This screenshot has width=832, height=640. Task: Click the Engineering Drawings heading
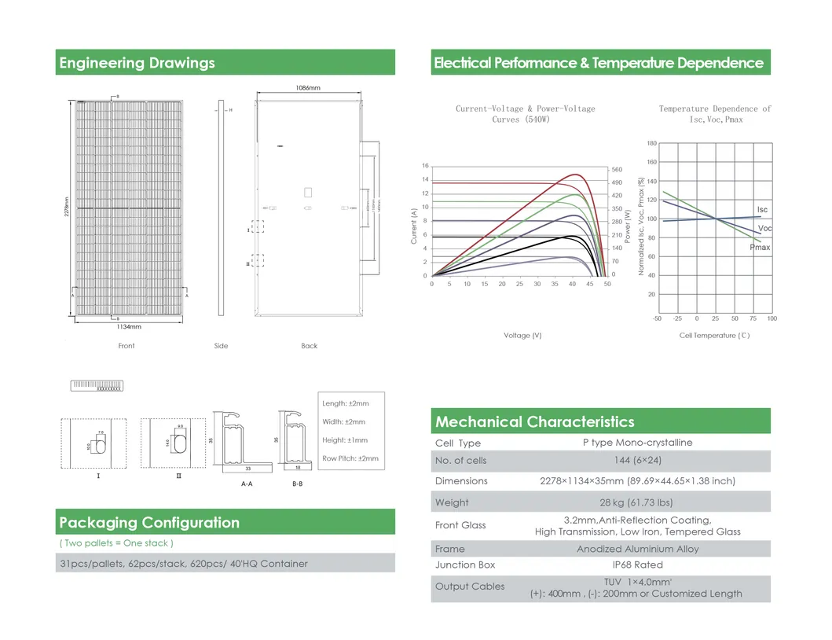(x=137, y=63)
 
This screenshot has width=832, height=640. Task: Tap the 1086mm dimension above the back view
(x=309, y=88)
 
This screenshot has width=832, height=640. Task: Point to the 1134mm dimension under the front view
(x=129, y=326)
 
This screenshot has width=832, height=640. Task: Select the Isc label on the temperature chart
(x=762, y=210)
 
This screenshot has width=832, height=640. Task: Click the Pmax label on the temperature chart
(x=760, y=248)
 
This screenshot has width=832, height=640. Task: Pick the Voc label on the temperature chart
(x=764, y=228)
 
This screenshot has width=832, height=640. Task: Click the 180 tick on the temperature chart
(x=651, y=143)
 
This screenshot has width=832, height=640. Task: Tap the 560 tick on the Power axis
(x=617, y=169)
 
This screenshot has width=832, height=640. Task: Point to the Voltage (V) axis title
(x=522, y=336)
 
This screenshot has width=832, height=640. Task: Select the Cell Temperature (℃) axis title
(x=715, y=336)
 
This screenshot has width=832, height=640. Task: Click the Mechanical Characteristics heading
(x=534, y=422)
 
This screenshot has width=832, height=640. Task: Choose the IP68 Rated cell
(x=637, y=565)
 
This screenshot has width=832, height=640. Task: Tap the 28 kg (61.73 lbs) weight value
(x=637, y=502)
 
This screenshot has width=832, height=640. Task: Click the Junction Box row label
(x=465, y=565)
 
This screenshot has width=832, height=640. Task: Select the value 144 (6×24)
(x=637, y=461)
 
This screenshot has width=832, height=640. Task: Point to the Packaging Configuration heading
(x=149, y=523)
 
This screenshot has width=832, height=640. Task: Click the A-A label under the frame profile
(x=247, y=484)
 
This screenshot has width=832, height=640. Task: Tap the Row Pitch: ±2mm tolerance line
(x=350, y=458)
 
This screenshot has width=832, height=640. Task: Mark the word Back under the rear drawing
(x=310, y=346)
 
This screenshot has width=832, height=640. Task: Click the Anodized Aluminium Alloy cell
(x=637, y=549)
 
